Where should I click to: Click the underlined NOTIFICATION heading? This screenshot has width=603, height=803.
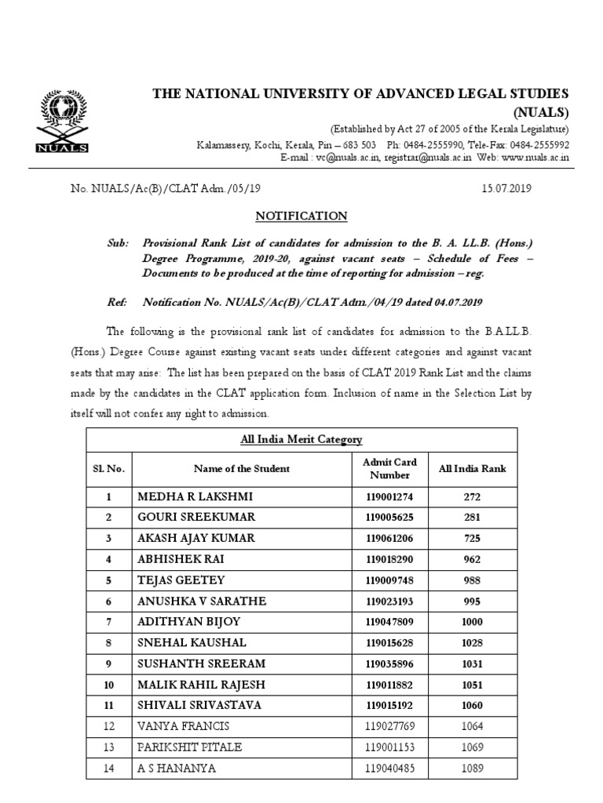tap(301, 216)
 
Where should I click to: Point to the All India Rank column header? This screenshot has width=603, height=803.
tap(472, 469)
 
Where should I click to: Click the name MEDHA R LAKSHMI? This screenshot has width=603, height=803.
tap(196, 497)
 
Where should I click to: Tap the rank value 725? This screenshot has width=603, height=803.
tap(472, 539)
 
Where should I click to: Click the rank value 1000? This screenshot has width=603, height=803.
tap(472, 622)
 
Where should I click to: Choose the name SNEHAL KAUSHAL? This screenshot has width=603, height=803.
tap(192, 643)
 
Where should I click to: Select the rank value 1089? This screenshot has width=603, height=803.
tap(472, 768)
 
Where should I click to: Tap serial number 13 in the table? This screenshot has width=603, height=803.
tap(109, 747)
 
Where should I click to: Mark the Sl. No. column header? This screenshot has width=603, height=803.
tap(109, 469)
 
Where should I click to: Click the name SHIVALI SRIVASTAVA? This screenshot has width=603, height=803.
tap(200, 705)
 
